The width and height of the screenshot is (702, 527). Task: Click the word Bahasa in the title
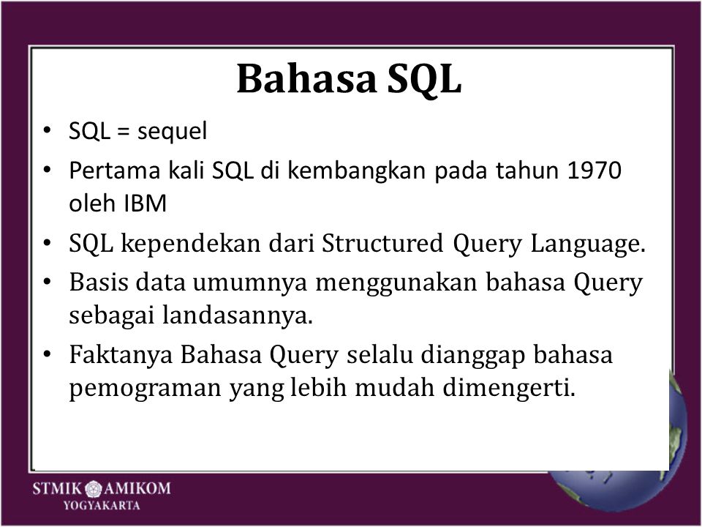306,78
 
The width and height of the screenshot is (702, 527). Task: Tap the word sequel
172,132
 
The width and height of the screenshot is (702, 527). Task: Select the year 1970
594,171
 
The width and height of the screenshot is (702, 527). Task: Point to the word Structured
382,243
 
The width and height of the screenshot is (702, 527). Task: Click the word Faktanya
121,356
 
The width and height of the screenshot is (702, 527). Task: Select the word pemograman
145,389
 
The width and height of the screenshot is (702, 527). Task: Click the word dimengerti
509,387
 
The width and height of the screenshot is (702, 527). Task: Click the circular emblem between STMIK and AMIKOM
94,488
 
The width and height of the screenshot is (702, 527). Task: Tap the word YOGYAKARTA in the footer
102,506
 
